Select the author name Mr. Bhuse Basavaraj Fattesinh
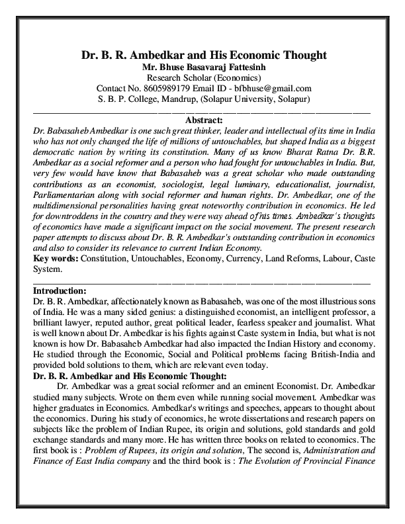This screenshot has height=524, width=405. [202, 67]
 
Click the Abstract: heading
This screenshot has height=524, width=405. [202, 120]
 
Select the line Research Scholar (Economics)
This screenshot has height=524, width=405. [202, 77]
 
